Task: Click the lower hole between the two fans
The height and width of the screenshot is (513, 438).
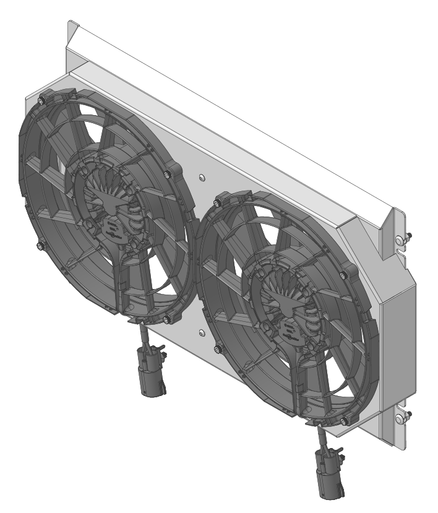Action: click(x=202, y=332)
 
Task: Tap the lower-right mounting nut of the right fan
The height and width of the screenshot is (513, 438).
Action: click(x=344, y=422)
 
